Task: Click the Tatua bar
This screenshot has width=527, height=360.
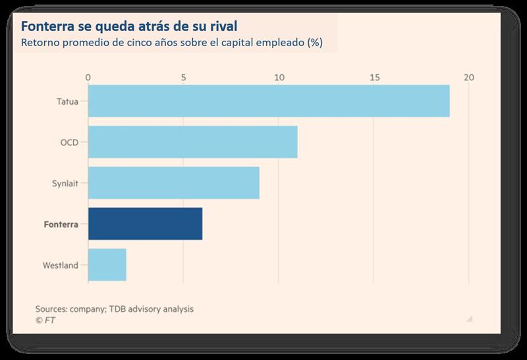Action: (269, 101)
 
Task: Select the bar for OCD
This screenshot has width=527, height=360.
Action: (192, 141)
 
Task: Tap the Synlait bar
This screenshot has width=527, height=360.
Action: (173, 183)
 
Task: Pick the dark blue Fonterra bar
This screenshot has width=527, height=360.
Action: (145, 224)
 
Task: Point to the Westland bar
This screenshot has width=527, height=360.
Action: (107, 265)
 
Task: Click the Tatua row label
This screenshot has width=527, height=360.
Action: (68, 101)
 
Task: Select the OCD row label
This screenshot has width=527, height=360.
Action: (69, 142)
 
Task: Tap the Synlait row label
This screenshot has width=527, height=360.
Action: (65, 183)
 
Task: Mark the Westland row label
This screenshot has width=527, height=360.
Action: (61, 265)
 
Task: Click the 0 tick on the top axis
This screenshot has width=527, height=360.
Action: (88, 78)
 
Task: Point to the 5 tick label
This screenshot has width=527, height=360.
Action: (183, 78)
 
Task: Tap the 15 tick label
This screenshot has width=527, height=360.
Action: (374, 78)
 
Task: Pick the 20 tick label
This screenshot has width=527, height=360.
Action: (468, 78)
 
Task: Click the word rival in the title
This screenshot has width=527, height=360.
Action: (219, 27)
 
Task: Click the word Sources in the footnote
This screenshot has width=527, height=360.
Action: (53, 308)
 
